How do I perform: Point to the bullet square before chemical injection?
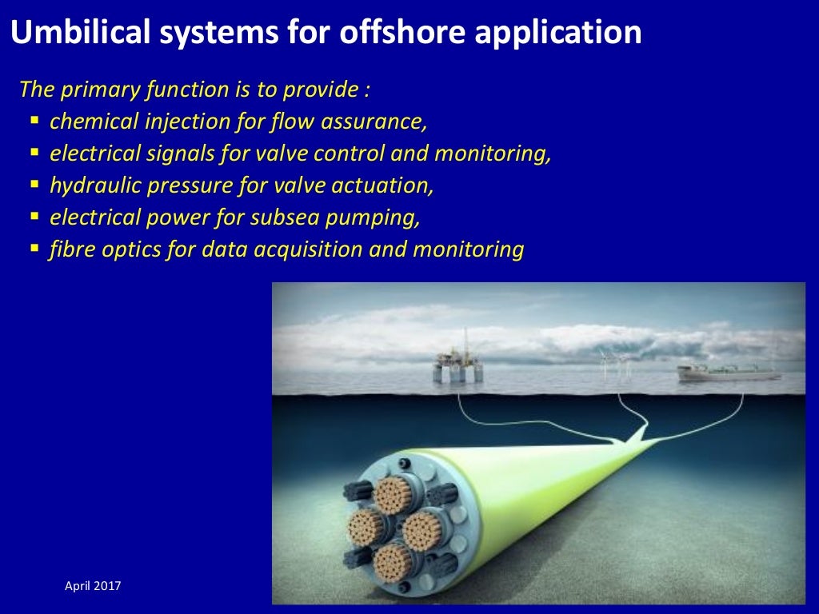(x=34, y=121)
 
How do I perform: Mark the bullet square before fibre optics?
(x=34, y=249)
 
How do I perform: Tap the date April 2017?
(x=93, y=587)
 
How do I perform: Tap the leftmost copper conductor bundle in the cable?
(x=366, y=528)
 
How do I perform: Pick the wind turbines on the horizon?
(x=617, y=365)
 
